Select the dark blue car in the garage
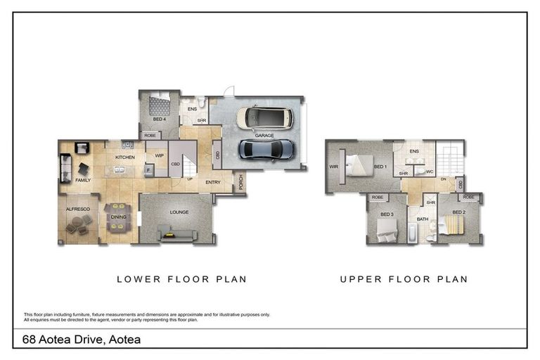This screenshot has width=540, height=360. (266, 148)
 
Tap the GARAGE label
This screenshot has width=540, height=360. (264, 135)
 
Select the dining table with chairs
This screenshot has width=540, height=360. (118, 217)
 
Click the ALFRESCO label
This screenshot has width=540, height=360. (77, 209)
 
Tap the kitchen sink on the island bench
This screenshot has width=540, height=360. (120, 169)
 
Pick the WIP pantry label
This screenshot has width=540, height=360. (159, 157)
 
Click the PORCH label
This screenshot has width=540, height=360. (241, 182)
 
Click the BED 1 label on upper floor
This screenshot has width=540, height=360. (380, 167)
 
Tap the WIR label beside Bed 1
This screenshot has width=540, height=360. (333, 167)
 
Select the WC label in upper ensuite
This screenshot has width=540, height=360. (429, 172)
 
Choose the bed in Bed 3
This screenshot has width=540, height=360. (386, 229)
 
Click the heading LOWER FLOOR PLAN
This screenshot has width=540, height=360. (181, 279)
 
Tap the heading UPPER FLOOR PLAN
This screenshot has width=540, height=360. (404, 279)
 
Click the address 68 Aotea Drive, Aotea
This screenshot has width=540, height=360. (82, 340)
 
